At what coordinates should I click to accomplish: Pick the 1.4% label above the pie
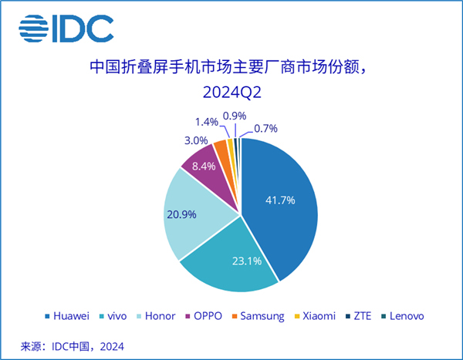coord(207,122)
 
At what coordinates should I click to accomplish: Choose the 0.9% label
coord(235,116)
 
